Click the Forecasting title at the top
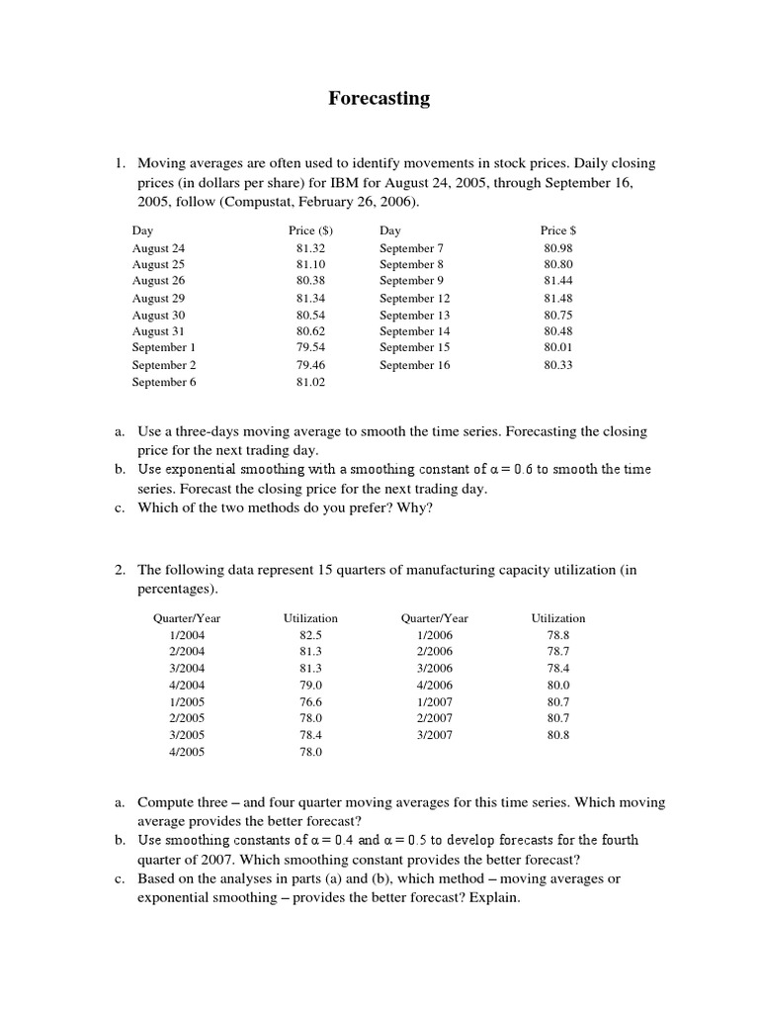(379, 98)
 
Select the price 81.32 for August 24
(310, 248)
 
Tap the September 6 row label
(164, 382)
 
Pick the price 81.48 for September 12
(558, 298)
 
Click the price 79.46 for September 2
(310, 365)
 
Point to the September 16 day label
(414, 365)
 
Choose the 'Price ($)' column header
(310, 230)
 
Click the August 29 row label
(158, 298)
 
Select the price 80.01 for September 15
(558, 348)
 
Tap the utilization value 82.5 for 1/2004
(310, 635)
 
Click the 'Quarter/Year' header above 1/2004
(187, 618)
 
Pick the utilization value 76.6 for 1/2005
(310, 701)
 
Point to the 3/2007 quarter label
(434, 735)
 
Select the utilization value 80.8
(558, 735)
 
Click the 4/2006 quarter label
(434, 685)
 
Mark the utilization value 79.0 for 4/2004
(310, 685)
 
